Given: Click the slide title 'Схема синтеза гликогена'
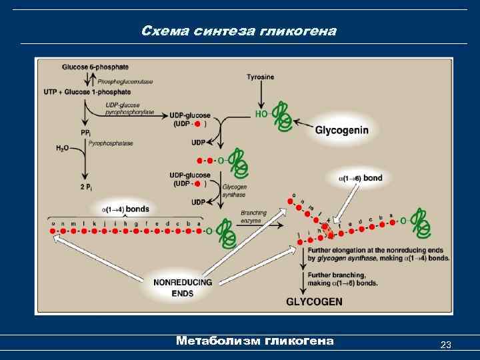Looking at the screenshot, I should coord(239,31).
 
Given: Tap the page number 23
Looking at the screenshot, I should coord(446,345).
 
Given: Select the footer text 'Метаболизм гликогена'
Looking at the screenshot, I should coord(255,341).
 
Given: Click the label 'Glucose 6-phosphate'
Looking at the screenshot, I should coord(95,67).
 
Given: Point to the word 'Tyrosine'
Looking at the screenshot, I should coord(260,77).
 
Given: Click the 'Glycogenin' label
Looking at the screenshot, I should coord(341,130).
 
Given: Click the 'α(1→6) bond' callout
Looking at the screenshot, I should coord(361,178).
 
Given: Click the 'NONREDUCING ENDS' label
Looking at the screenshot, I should coord(183,287).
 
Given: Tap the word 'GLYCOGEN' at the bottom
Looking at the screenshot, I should coord(314,301).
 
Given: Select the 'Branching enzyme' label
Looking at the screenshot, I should coord(254,217).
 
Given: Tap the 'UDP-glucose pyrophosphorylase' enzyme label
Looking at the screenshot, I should coord(129,109).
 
